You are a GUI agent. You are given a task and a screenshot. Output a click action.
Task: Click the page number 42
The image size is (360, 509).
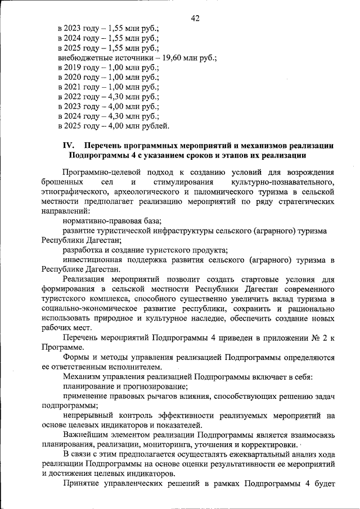tap(195, 19)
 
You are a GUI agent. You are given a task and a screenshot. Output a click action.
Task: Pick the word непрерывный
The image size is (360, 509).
tap(86, 416)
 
